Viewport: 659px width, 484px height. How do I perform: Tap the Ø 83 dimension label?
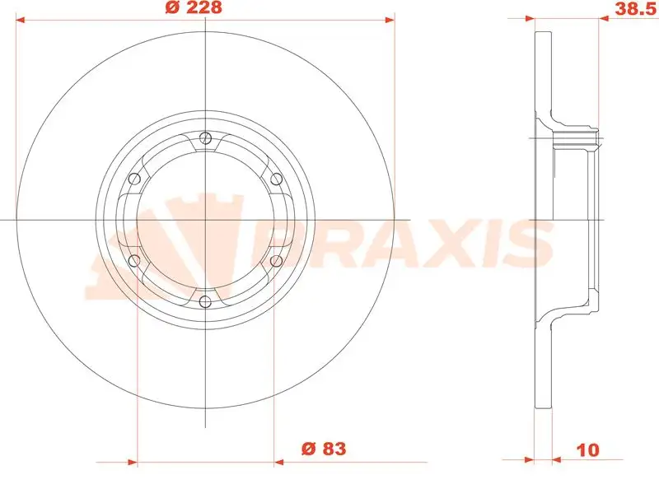click(322, 449)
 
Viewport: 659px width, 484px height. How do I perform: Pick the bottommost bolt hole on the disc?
click(206, 301)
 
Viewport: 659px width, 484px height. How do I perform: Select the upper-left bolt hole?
click(135, 179)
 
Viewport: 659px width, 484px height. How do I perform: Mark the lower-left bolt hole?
click(135, 261)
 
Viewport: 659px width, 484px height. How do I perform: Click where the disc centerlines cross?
click(206, 220)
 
